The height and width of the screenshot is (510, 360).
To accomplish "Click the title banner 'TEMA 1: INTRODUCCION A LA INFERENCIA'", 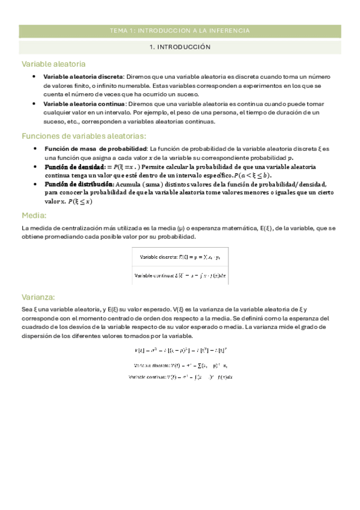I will [x=180, y=31].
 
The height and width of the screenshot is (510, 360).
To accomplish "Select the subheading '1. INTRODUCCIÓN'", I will [x=180, y=46].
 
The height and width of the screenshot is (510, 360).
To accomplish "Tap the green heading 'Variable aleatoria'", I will [x=53, y=64].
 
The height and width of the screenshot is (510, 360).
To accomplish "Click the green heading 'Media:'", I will [x=34, y=215].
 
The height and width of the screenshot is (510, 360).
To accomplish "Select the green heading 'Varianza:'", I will [x=38, y=297].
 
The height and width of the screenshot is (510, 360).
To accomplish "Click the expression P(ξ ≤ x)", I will [x=80, y=202].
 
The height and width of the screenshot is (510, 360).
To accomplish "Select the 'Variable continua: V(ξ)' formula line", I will [x=180, y=376].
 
